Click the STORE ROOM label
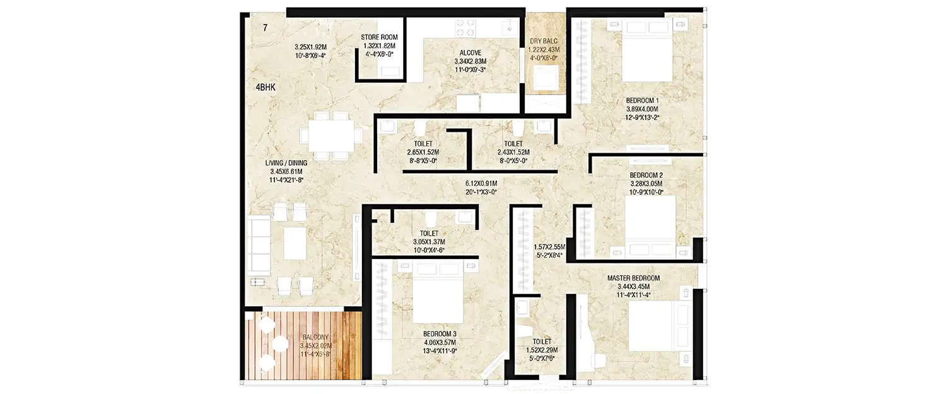pyautogui.click(x=379, y=37)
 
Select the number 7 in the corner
pyautogui.click(x=266, y=28)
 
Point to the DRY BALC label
pyautogui.click(x=544, y=41)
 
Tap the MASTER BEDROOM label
pyautogui.click(x=633, y=278)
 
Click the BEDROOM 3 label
pyautogui.click(x=440, y=334)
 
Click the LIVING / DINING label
pyautogui.click(x=286, y=163)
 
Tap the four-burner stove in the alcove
pyautogui.click(x=465, y=28)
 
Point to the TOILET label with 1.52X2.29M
pyautogui.click(x=542, y=340)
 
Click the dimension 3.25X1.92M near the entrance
pyautogui.click(x=312, y=47)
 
